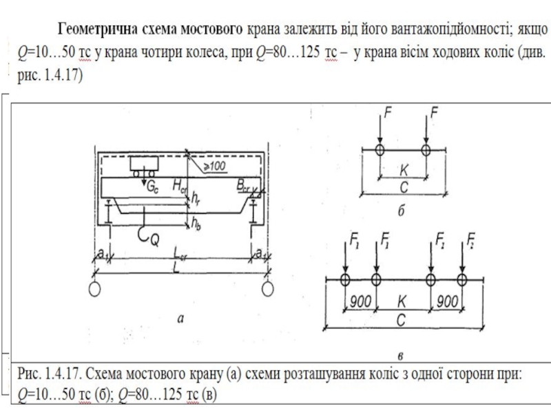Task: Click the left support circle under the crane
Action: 95,286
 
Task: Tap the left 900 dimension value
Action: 360,301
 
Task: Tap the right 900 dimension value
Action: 446,301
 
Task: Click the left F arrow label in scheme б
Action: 388,112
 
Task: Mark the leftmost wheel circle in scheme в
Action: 345,279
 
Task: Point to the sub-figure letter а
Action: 180,317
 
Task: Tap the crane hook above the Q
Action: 143,231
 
